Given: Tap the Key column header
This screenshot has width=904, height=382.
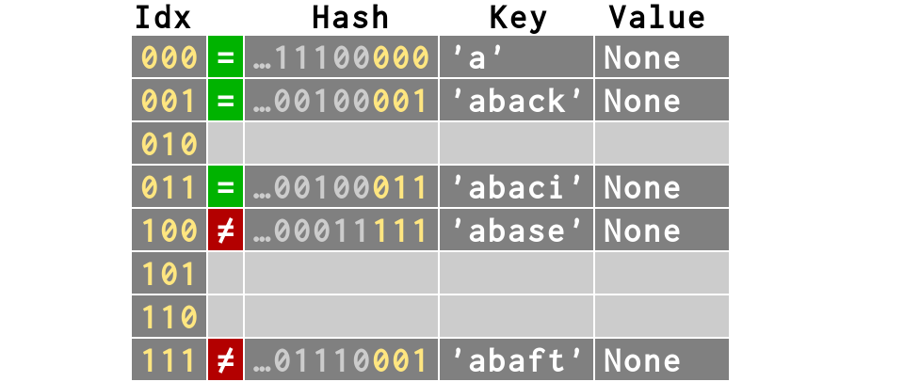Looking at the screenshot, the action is (518, 17).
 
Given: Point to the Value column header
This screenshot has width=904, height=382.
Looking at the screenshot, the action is (656, 17).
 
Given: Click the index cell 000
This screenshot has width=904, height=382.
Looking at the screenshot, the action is (169, 58).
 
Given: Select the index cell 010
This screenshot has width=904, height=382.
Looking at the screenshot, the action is (169, 145).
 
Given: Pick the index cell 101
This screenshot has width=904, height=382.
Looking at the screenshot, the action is (169, 275).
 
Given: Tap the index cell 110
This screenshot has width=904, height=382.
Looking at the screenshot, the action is (169, 318).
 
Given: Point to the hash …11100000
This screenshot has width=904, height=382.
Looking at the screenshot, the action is (342, 58).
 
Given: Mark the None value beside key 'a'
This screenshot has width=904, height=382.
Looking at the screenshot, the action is (642, 58).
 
